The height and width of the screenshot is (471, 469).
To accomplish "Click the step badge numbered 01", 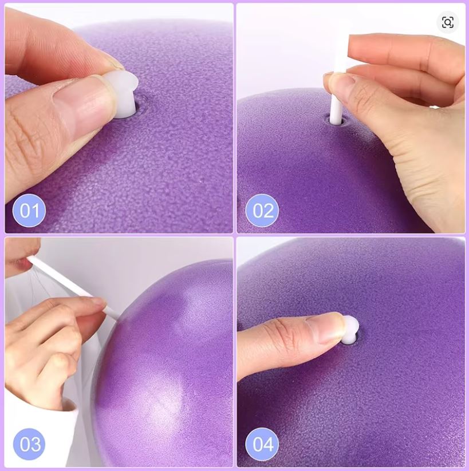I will pos(29,211).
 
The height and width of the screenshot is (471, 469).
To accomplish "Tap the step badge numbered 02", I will pos(262,211).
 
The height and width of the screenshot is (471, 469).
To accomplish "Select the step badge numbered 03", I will pos(29,444).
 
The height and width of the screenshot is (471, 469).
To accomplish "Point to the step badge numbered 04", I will pos(262,444).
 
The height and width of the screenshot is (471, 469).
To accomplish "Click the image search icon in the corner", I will pos(448,22).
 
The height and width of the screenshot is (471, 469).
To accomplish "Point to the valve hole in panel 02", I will pos(335,120).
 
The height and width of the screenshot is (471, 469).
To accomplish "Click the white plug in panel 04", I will pos(350,331).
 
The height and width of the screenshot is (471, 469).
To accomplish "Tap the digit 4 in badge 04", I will pos(269,444).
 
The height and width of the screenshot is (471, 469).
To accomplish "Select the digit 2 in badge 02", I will pos(269,211).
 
